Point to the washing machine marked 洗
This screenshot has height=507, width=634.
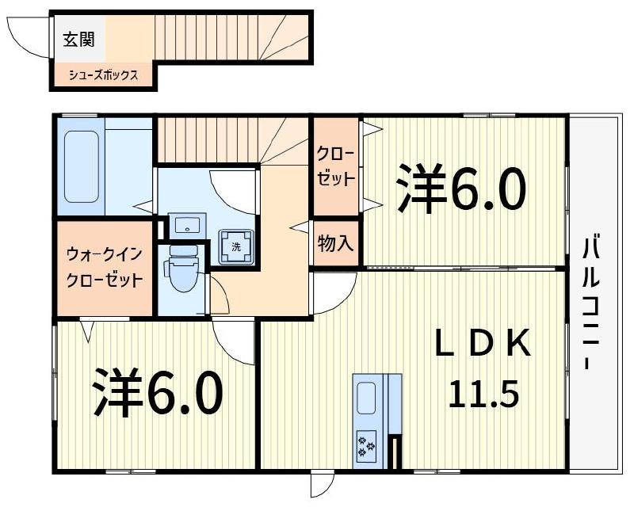236,246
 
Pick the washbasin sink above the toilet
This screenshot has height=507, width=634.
187,224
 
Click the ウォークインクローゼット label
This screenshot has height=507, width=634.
104,268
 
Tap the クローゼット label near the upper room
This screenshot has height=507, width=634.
336,166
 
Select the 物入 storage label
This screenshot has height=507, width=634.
335,243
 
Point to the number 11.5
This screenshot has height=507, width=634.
484,391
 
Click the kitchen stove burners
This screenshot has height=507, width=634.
367,444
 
